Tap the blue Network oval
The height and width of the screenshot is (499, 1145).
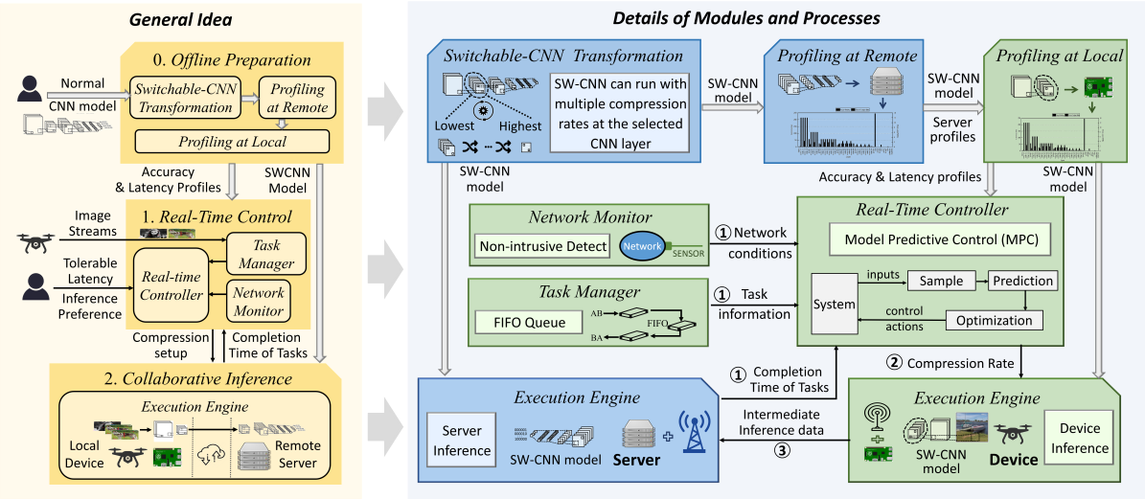point(643,246)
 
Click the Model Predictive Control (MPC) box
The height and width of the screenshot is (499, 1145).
point(928,238)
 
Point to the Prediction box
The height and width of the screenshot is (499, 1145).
point(1023,281)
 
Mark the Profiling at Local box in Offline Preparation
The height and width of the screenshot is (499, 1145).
point(233,142)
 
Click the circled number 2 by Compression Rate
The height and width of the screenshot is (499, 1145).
point(894,363)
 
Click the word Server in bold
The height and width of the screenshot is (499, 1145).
point(636,460)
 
